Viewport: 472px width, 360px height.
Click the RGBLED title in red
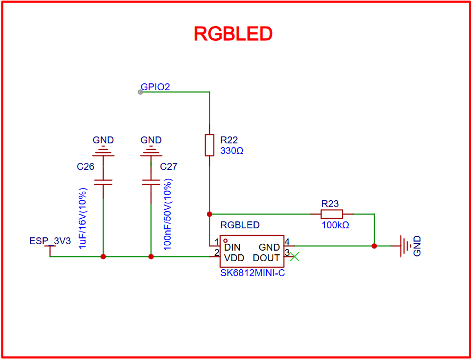(233, 33)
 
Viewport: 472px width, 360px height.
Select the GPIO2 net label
(155, 87)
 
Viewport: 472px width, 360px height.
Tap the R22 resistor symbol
(209, 145)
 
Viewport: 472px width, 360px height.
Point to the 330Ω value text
(232, 151)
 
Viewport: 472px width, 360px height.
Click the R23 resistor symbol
(332, 214)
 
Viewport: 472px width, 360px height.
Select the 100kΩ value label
(335, 225)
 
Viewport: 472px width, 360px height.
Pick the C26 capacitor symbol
(103, 182)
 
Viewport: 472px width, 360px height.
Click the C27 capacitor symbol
(151, 182)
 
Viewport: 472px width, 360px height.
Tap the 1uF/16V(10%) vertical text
(82, 218)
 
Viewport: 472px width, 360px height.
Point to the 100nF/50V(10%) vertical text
(168, 218)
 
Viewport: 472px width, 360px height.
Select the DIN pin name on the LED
(232, 247)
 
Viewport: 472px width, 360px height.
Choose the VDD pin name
(234, 258)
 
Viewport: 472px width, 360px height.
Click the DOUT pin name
(266, 258)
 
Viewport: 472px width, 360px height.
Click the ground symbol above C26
(103, 152)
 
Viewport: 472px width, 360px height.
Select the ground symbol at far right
(406, 246)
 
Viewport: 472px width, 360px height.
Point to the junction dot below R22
(209, 214)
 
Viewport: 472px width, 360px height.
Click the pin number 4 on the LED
(287, 242)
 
